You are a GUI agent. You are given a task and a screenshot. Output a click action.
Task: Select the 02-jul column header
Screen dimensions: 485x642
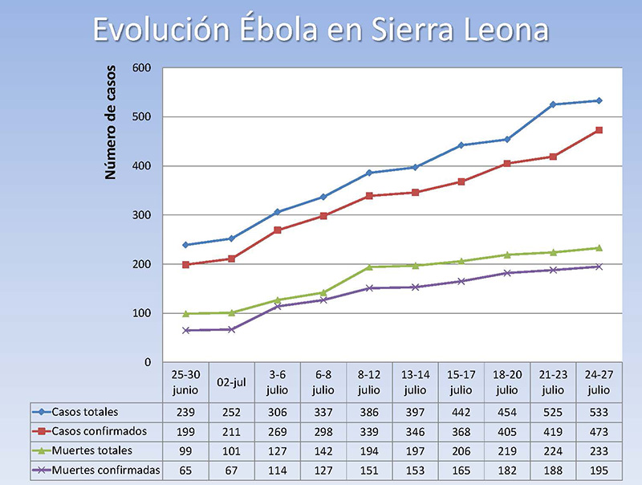[x=232, y=383]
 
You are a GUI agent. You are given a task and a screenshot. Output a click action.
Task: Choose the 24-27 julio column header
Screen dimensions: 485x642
[x=599, y=383]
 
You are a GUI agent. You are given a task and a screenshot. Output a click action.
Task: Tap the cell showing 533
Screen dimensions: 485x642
[x=599, y=412]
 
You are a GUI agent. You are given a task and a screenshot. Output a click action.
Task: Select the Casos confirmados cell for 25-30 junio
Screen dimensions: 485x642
[x=186, y=431]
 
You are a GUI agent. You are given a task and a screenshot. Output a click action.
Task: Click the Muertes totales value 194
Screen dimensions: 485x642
[x=369, y=450]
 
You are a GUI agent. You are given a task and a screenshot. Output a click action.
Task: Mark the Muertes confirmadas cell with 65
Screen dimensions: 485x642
[x=186, y=470]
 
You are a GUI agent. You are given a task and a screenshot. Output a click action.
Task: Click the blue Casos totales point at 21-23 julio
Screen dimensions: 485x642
[x=553, y=104]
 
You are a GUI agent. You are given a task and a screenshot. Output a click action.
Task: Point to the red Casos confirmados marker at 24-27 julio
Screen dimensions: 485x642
[x=599, y=130]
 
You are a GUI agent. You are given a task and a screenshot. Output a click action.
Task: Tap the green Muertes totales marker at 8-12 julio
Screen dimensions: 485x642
[x=369, y=267]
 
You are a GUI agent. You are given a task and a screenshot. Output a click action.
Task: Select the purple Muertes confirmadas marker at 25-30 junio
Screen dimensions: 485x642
[x=186, y=330]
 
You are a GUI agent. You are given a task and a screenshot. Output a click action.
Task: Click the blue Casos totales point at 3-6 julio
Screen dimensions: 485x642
[x=278, y=212]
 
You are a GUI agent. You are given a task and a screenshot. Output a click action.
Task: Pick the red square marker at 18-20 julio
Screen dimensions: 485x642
[x=507, y=164]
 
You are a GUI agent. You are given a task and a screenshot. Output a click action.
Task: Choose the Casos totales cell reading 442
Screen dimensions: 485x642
[x=461, y=412]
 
